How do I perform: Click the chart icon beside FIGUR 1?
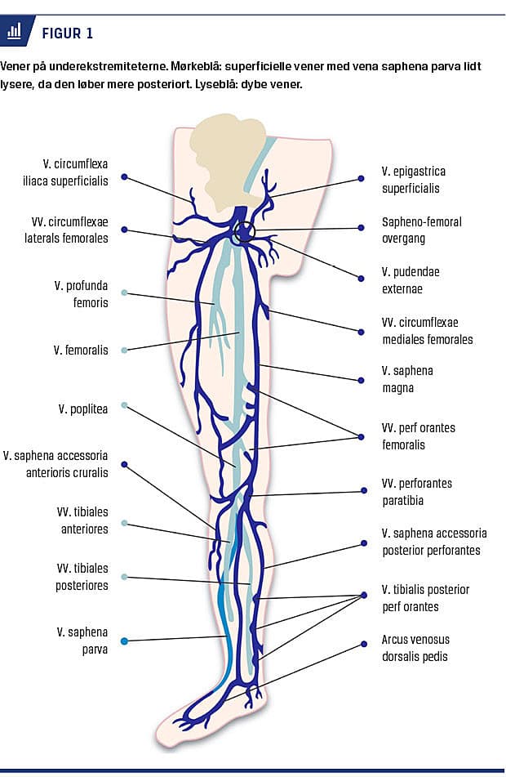[14, 32]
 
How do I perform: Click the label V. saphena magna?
[407, 379]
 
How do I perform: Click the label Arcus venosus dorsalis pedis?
[415, 648]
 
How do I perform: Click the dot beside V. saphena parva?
[124, 641]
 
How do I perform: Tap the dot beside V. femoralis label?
[124, 351]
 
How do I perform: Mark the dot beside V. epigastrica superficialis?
[362, 177]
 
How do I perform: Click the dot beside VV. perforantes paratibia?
[363, 491]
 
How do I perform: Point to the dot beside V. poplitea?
[124, 405]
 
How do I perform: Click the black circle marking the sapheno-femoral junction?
[243, 234]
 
